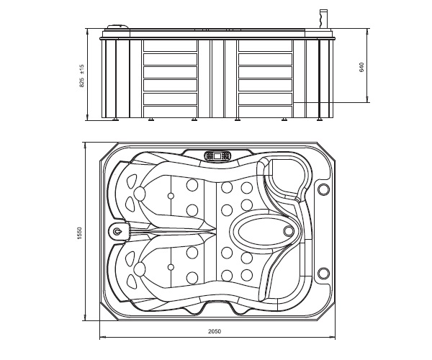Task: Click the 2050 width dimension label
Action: point(215,331)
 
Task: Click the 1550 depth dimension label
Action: point(80,233)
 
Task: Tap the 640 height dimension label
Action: point(361,68)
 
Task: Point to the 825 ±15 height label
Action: point(81,76)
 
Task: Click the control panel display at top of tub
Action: point(217,156)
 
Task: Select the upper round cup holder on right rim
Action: point(323,189)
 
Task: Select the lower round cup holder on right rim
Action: point(323,273)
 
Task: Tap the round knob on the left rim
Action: point(117,231)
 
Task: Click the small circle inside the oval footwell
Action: point(288,231)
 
